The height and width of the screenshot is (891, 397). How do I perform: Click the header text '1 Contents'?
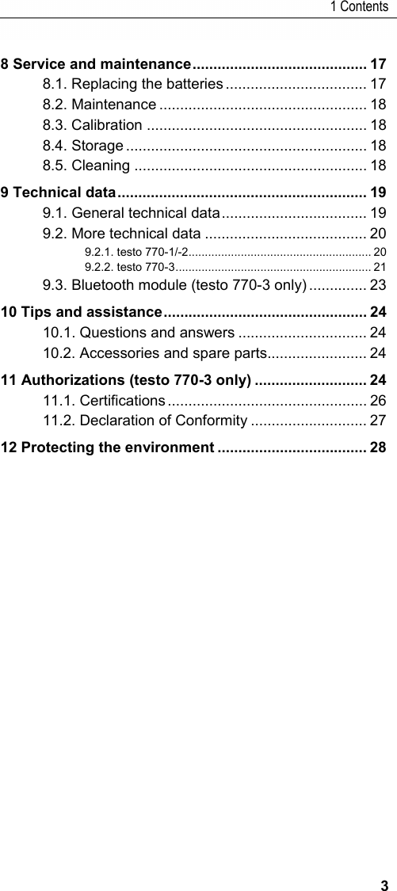(x=359, y=7)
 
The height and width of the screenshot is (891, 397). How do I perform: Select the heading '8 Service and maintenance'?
(x=97, y=63)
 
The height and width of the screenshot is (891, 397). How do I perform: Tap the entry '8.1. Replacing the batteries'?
(x=133, y=84)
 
